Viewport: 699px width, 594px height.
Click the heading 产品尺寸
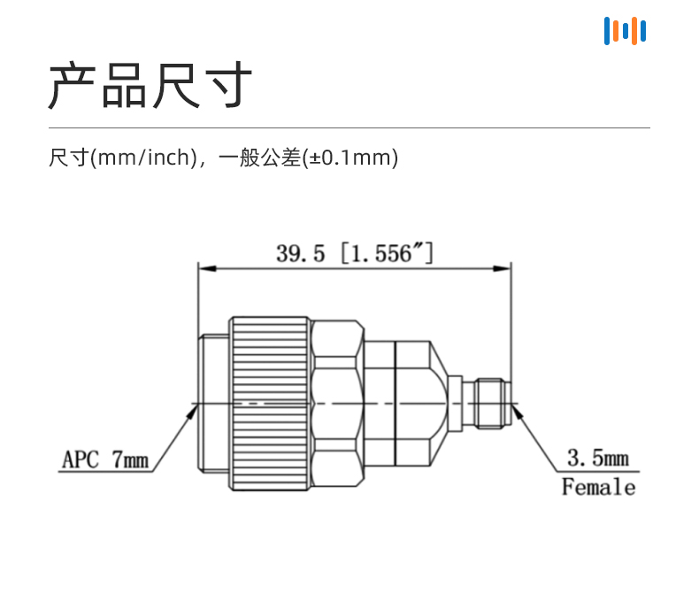click(x=150, y=85)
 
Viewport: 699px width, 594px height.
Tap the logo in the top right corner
click(x=625, y=31)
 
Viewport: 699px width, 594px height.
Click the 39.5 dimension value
click(x=300, y=253)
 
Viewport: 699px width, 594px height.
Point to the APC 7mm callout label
click(x=105, y=459)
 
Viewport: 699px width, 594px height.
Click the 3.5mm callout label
click(x=598, y=458)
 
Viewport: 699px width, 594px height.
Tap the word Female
click(x=598, y=487)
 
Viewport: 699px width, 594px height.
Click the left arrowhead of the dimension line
click(x=207, y=268)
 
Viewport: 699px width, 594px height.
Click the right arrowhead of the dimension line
click(x=502, y=268)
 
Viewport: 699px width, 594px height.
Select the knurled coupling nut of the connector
click(x=270, y=404)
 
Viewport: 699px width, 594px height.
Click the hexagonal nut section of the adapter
click(x=337, y=404)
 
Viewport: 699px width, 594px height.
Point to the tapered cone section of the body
click(x=439, y=404)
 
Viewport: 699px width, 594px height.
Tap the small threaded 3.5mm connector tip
click(x=492, y=404)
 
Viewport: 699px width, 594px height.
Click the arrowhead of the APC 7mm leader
click(x=193, y=411)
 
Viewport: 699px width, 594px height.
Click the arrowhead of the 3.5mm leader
click(x=517, y=411)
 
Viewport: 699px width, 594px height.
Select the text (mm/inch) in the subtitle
click(x=143, y=158)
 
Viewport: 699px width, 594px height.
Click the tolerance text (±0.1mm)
click(x=350, y=158)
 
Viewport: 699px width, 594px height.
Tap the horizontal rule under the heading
click(x=349, y=128)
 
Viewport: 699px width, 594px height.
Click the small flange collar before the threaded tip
click(x=455, y=404)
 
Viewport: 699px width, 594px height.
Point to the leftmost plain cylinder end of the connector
click(x=213, y=404)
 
